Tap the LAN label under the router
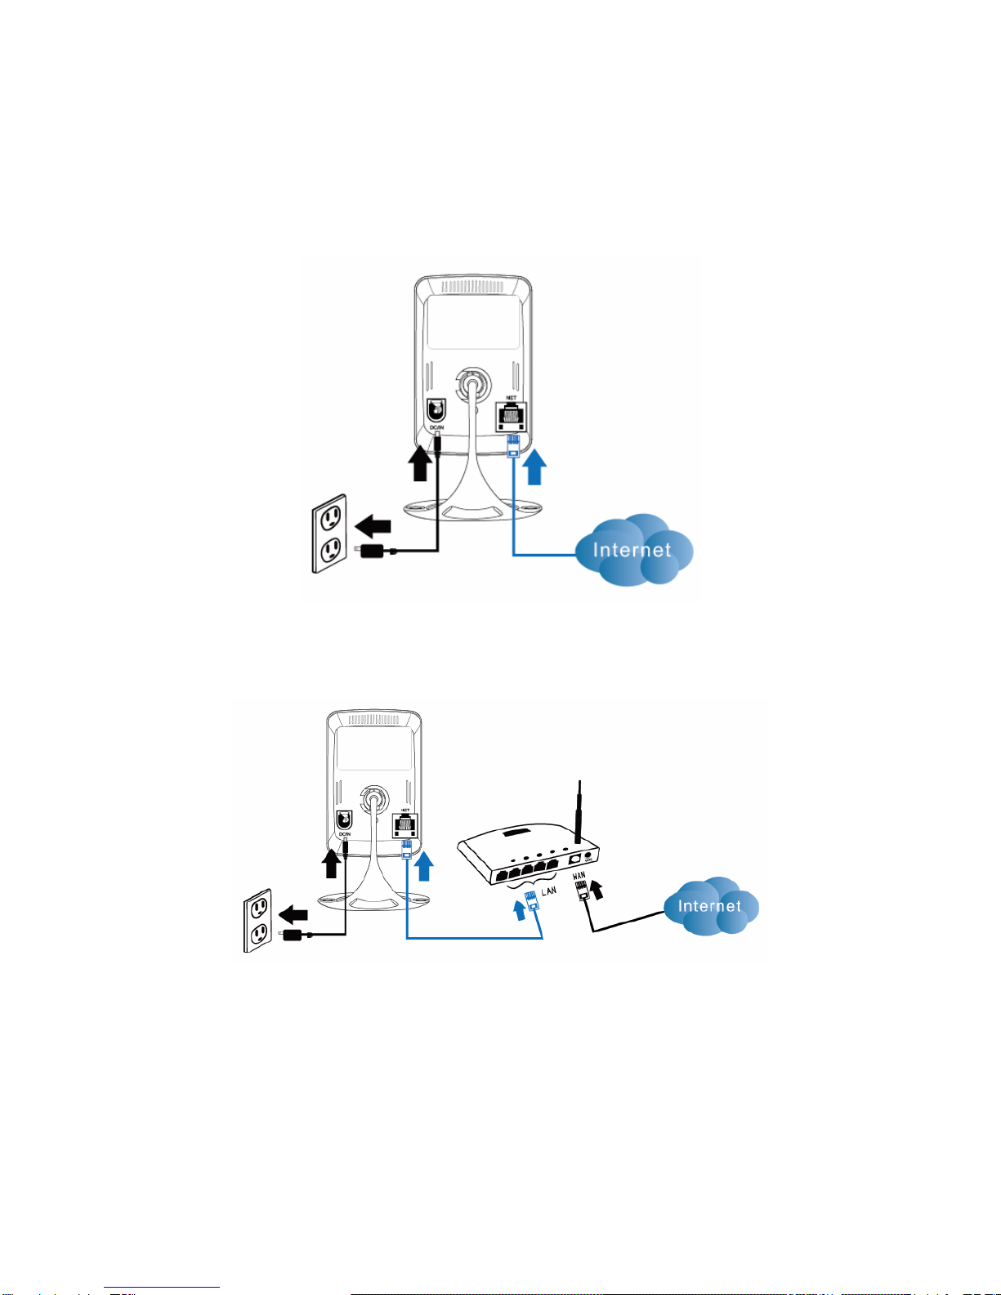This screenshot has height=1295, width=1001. click(549, 891)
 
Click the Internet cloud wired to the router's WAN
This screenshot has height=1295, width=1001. click(710, 906)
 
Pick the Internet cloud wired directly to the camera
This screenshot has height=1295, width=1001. click(633, 550)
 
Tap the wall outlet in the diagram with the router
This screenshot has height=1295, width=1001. click(257, 922)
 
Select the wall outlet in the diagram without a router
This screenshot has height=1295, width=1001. click(329, 534)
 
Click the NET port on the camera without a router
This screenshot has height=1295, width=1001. click(512, 416)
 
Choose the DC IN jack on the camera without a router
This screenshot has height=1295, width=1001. click(436, 410)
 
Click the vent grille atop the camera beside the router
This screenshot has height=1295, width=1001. click(373, 720)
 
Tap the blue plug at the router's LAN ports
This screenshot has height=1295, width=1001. click(532, 902)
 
